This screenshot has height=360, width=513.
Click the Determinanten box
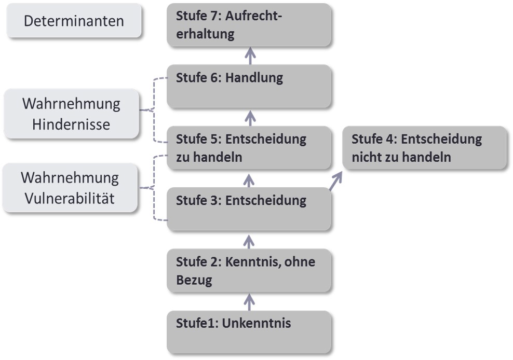click(x=74, y=21)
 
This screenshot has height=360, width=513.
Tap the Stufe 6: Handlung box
click(x=249, y=86)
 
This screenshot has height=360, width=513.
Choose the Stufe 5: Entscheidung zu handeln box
click(x=249, y=147)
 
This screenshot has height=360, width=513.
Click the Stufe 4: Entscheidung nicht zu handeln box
click(x=424, y=147)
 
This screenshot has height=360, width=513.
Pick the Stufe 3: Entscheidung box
click(x=249, y=209)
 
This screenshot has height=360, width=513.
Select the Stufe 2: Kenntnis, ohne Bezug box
click(x=249, y=270)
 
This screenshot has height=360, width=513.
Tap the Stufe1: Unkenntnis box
click(x=249, y=331)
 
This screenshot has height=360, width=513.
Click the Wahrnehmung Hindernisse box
click(x=71, y=114)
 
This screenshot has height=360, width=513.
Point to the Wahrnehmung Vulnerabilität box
click(x=70, y=188)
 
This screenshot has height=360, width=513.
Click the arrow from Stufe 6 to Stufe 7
click(x=251, y=55)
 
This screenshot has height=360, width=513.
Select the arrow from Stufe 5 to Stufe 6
click(x=251, y=117)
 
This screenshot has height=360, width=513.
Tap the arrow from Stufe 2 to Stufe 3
click(x=250, y=240)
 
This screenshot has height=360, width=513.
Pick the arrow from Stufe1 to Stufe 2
click(x=250, y=301)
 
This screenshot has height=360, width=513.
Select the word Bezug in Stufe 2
click(x=195, y=281)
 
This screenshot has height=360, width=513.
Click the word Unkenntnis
click(x=256, y=323)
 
